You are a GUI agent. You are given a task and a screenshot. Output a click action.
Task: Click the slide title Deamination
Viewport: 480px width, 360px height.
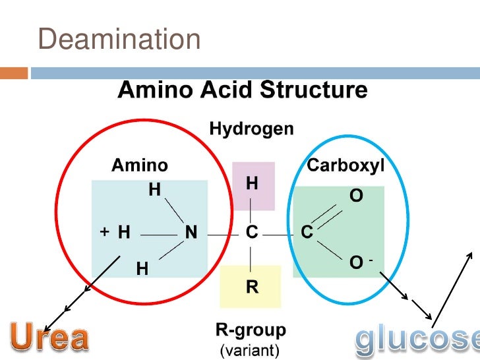click(x=119, y=40)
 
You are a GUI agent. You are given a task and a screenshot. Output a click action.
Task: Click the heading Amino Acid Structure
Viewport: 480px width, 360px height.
click(x=242, y=90)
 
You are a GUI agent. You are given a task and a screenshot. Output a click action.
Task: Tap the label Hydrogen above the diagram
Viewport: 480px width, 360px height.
click(x=251, y=129)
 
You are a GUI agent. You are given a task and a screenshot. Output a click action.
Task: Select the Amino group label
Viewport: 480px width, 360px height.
click(x=140, y=165)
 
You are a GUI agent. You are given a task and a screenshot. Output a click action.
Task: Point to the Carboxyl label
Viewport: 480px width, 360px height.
click(x=345, y=165)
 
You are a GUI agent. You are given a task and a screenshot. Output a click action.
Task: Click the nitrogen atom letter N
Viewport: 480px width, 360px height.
click(x=191, y=232)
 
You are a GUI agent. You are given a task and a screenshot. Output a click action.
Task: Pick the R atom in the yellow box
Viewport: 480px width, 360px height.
click(x=252, y=287)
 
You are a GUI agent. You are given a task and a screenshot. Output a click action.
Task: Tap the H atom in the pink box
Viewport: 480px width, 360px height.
click(x=252, y=183)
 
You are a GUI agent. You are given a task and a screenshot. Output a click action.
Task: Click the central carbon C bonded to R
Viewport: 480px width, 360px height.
click(x=252, y=232)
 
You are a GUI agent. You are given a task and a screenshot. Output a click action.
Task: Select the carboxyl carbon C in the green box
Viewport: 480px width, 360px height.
click(x=307, y=232)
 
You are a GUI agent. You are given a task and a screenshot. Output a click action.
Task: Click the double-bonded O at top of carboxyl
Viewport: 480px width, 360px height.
click(x=355, y=196)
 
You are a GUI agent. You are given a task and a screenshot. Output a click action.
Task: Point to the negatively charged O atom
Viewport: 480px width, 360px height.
click(x=356, y=262)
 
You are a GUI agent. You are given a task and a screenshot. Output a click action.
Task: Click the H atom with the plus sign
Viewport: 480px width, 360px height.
click(x=123, y=232)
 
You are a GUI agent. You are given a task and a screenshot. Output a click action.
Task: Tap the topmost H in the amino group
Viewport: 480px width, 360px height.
click(x=154, y=190)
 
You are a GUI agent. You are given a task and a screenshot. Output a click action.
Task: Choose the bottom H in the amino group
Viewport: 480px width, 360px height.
click(x=142, y=269)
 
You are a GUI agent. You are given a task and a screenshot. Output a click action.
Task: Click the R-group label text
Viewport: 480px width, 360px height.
click(x=251, y=329)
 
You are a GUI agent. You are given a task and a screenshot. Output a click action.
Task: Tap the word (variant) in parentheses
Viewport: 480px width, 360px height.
click(x=251, y=347)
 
